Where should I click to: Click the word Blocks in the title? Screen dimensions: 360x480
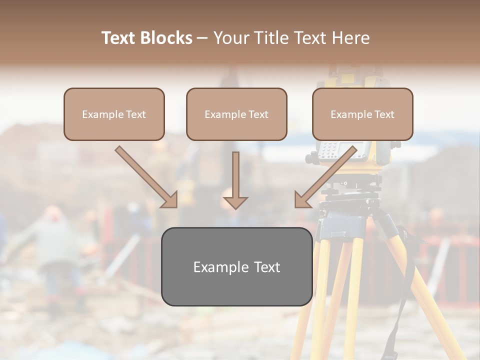[x=166, y=38]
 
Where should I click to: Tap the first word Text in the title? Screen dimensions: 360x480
[x=119, y=38]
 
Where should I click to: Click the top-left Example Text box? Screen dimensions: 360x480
[x=114, y=114]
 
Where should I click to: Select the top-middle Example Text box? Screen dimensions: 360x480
[x=236, y=114]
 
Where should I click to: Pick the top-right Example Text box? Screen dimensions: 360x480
[x=362, y=114]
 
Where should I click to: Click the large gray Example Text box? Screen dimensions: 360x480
[x=236, y=266]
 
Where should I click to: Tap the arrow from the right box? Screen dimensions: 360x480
[x=325, y=177]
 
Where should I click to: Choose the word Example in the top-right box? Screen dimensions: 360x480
[x=348, y=114]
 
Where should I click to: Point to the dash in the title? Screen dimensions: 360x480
[x=202, y=38]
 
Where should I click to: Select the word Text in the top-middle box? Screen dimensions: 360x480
[x=258, y=114]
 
